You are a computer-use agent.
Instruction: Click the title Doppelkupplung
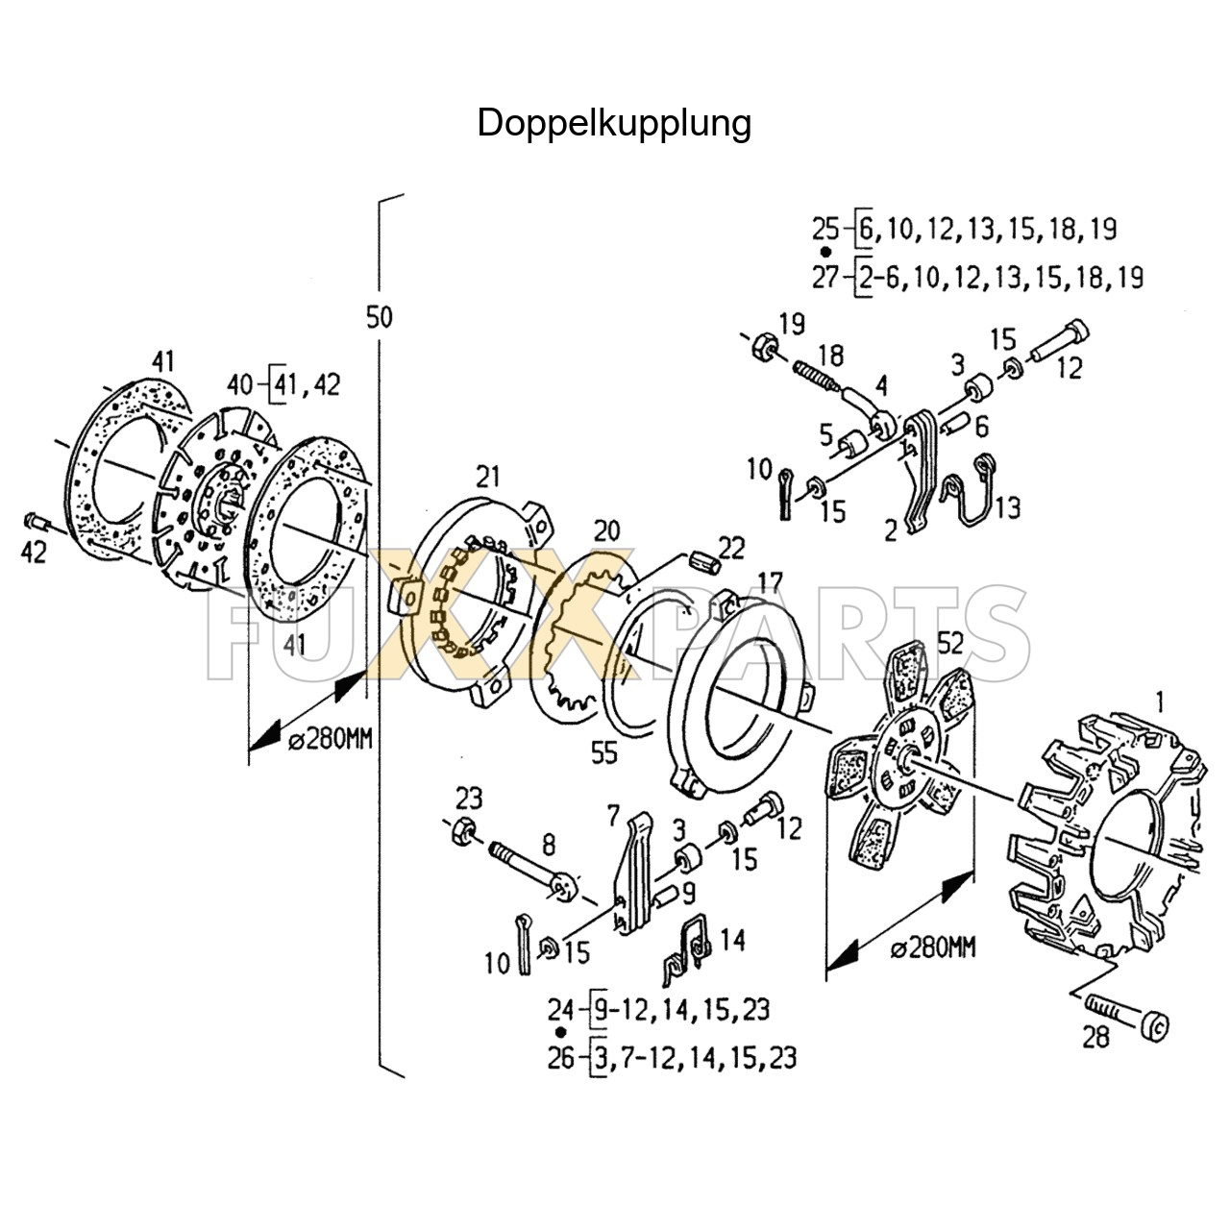(x=614, y=123)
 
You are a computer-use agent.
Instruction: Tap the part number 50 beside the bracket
(x=380, y=316)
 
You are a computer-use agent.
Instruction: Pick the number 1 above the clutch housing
(x=1159, y=701)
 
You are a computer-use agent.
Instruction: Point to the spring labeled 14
(x=689, y=942)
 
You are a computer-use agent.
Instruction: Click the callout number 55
(x=603, y=753)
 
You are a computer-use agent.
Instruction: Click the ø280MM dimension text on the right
(x=932, y=948)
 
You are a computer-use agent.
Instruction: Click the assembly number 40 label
(x=240, y=384)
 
